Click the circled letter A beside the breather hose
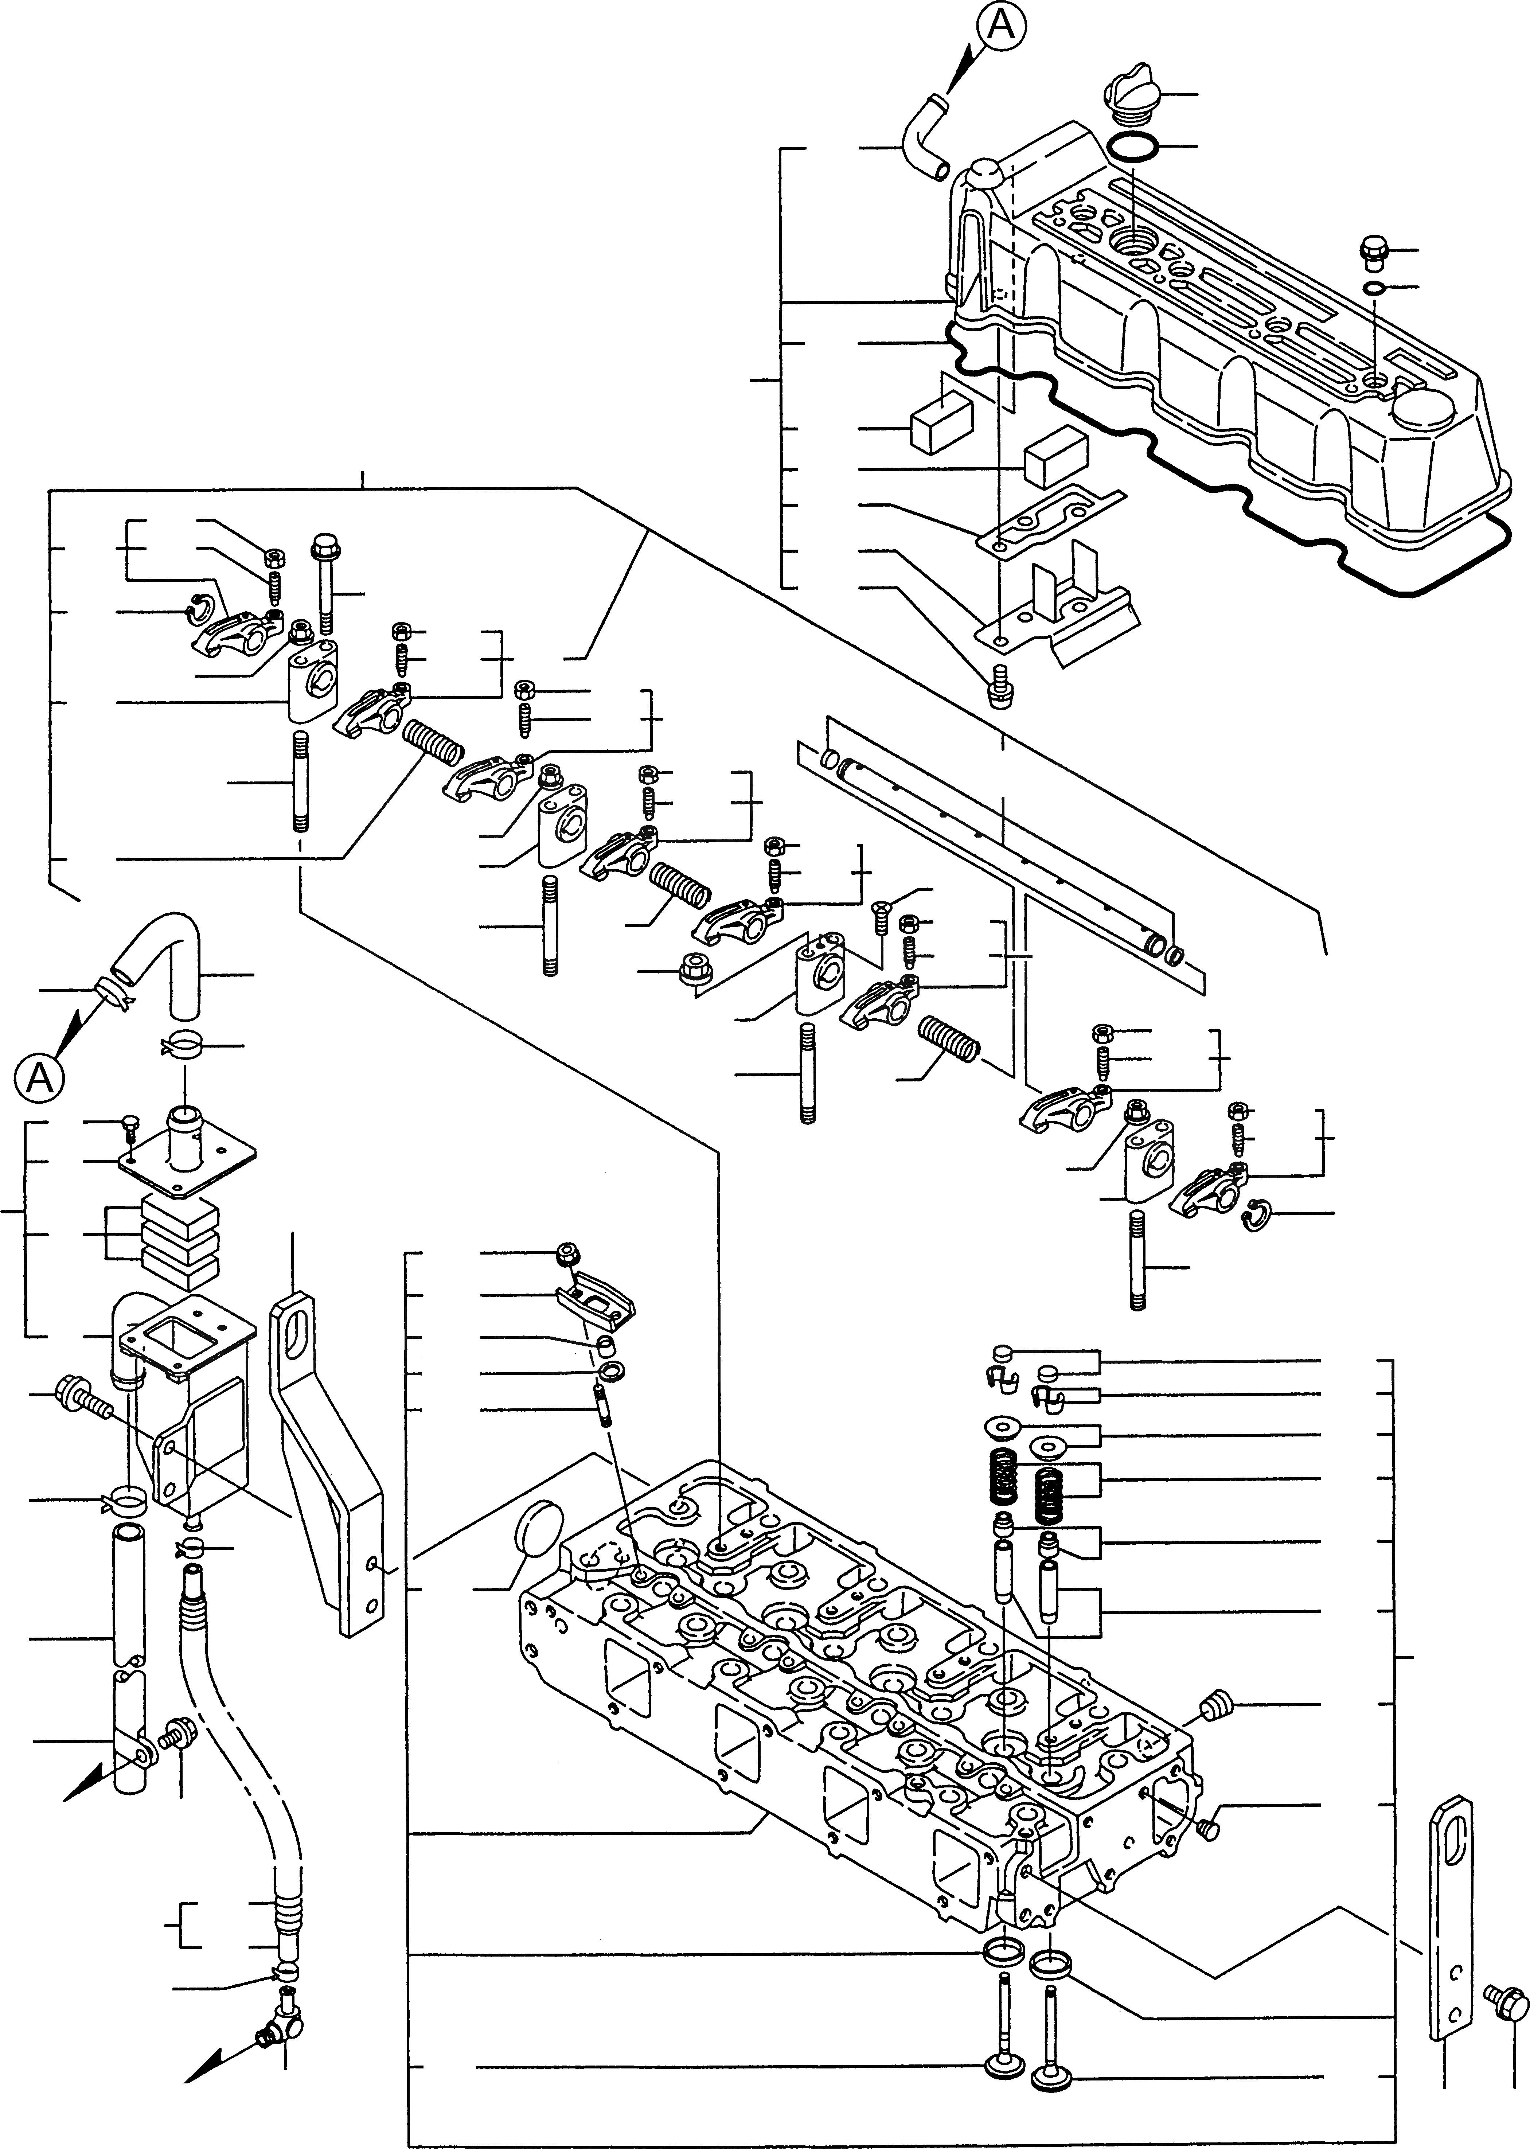tap(39, 1077)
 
